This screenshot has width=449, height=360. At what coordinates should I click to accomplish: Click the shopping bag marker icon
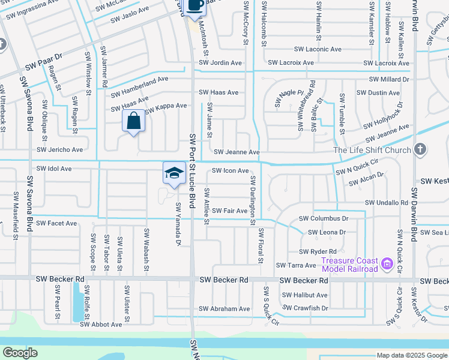[x=133, y=121]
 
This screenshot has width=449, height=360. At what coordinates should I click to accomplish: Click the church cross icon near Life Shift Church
[x=420, y=149]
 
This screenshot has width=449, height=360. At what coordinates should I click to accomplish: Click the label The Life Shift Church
[x=372, y=150]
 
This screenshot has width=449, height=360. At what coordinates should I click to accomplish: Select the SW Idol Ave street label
[x=54, y=169]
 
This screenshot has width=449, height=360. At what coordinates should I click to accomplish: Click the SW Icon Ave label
[x=230, y=171]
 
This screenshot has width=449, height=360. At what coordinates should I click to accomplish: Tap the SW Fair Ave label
[x=230, y=211]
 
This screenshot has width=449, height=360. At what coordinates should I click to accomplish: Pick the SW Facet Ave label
[x=56, y=223]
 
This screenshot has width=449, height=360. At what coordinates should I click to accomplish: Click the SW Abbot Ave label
[x=101, y=325]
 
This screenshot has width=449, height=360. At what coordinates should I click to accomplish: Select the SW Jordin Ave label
[x=221, y=63]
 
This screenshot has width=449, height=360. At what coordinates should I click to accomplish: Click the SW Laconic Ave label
[x=318, y=49]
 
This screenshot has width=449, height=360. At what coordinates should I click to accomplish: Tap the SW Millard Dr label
[x=389, y=79]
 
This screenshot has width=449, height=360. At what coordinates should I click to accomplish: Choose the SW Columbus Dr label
[x=324, y=219]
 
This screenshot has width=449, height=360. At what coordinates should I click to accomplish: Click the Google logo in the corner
[x=20, y=353]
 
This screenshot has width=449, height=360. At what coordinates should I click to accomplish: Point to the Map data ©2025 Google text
[x=412, y=355]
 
